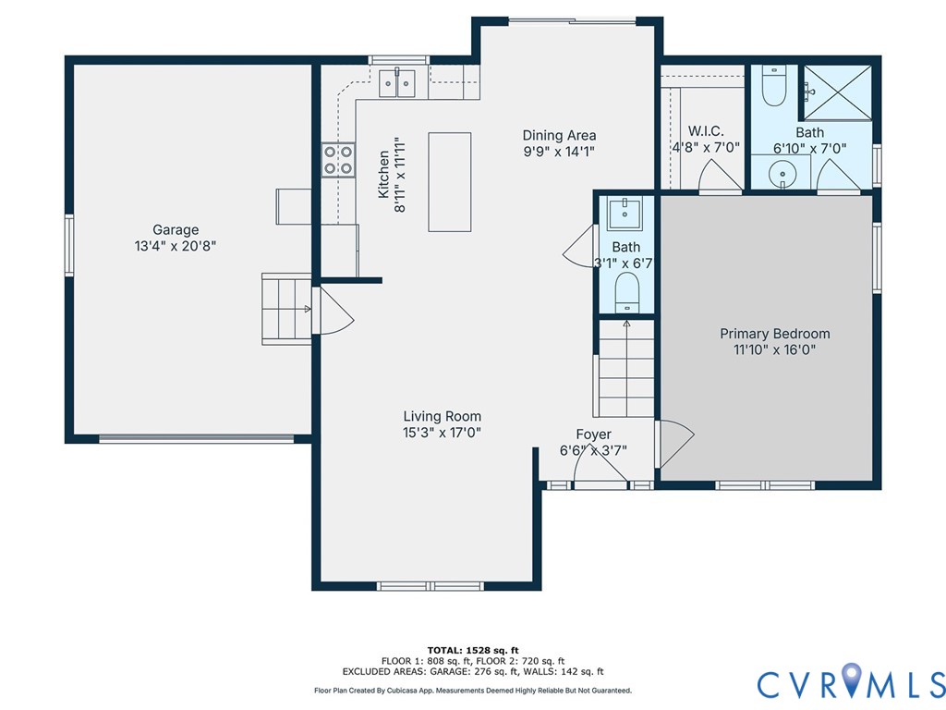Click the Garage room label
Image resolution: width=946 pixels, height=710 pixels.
pyautogui.click(x=176, y=230)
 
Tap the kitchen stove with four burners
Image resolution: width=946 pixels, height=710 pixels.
pyautogui.click(x=338, y=159)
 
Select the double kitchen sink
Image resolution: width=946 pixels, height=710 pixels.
pyautogui.click(x=398, y=82)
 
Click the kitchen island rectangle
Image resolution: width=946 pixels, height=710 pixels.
pyautogui.click(x=449, y=182)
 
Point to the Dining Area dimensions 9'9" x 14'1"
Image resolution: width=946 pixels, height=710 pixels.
pyautogui.click(x=559, y=152)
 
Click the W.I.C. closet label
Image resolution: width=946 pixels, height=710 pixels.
pyautogui.click(x=706, y=131)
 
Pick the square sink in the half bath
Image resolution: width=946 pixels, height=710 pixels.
pyautogui.click(x=626, y=212)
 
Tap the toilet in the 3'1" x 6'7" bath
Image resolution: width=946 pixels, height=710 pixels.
pyautogui.click(x=627, y=291)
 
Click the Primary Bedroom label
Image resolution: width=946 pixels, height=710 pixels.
pyautogui.click(x=775, y=334)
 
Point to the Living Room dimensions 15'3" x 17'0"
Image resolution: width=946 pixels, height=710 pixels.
pyautogui.click(x=442, y=432)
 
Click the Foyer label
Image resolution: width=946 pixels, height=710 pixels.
pyautogui.click(x=593, y=435)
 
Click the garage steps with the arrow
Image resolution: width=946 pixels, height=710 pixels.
pyautogui.click(x=285, y=308)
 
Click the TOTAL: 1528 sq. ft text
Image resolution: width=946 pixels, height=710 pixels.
pyautogui.click(x=472, y=650)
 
